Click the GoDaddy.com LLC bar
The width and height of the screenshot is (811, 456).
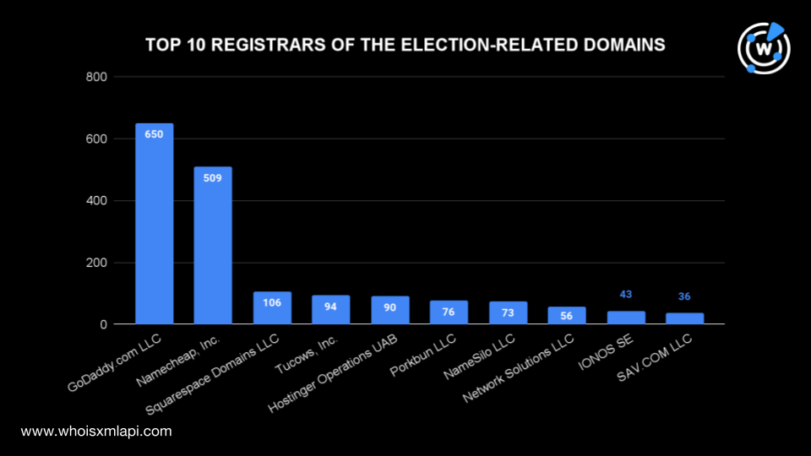pyautogui.click(x=154, y=224)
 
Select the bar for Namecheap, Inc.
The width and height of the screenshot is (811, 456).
pyautogui.click(x=213, y=246)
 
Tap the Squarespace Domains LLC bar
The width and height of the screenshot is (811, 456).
pyautogui.click(x=272, y=308)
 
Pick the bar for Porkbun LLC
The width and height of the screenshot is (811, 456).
pyautogui.click(x=449, y=312)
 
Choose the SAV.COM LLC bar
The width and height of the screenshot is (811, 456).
pyautogui.click(x=685, y=318)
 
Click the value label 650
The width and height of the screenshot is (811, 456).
pyautogui.click(x=154, y=134)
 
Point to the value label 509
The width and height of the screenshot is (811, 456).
pyautogui.click(x=213, y=178)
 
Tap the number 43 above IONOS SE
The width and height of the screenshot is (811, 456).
pyautogui.click(x=626, y=294)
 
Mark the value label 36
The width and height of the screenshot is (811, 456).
pyautogui.click(x=684, y=296)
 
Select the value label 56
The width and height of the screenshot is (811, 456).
pyautogui.click(x=566, y=316)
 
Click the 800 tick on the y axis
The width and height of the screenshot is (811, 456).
pyautogui.click(x=96, y=77)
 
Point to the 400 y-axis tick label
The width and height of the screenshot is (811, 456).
pyautogui.click(x=96, y=201)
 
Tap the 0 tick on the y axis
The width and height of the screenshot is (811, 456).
pyautogui.click(x=103, y=324)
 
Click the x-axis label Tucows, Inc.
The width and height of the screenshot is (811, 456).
pyautogui.click(x=306, y=355)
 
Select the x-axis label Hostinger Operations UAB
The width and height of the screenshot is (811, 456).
pyautogui.click(x=333, y=373)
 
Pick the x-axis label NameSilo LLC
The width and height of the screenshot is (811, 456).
pyautogui.click(x=480, y=356)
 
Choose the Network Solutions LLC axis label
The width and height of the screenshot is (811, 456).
pyautogui.click(x=518, y=368)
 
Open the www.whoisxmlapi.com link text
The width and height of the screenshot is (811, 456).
pyautogui.click(x=96, y=432)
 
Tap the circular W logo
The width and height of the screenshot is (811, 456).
pyautogui.click(x=764, y=48)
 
